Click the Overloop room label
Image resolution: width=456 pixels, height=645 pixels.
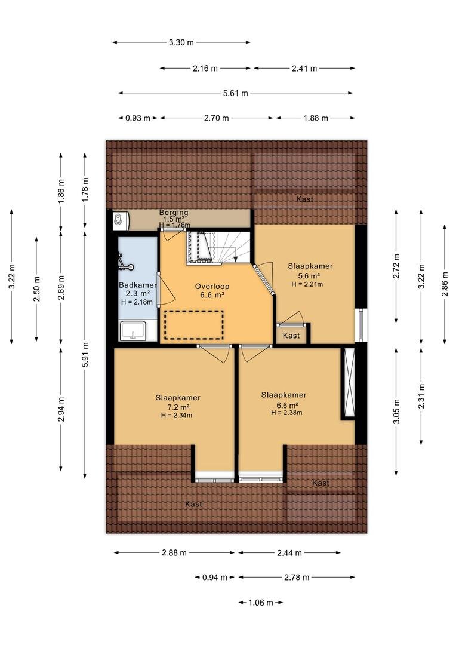pos(212,287)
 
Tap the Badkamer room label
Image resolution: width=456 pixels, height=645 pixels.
pos(138,285)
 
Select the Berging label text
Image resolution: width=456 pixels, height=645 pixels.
pos(174,213)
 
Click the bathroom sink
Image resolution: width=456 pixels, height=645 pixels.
pos(133,331)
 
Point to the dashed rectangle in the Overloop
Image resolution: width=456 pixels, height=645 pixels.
pos(194,325)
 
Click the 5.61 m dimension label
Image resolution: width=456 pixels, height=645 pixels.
pos(236,93)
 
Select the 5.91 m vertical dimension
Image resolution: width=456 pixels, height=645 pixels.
pos(85,355)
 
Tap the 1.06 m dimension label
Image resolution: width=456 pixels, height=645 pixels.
pos(261,603)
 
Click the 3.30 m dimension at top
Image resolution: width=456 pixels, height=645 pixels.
pos(181,42)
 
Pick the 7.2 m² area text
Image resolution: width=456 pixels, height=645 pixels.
pos(178,407)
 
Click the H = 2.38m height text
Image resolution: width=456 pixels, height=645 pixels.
pos(286,413)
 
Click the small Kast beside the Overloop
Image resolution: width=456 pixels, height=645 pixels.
pos(291,336)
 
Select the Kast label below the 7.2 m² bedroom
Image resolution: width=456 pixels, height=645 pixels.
pos(193,504)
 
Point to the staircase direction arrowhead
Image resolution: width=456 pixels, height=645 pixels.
pos(236,259)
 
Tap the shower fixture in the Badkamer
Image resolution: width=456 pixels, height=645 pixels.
pos(125,263)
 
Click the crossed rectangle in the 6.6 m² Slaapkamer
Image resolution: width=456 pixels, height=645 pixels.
pos(350,383)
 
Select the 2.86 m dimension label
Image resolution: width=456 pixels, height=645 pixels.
pos(445,284)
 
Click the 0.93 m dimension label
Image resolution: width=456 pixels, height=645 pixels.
pos(138,118)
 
